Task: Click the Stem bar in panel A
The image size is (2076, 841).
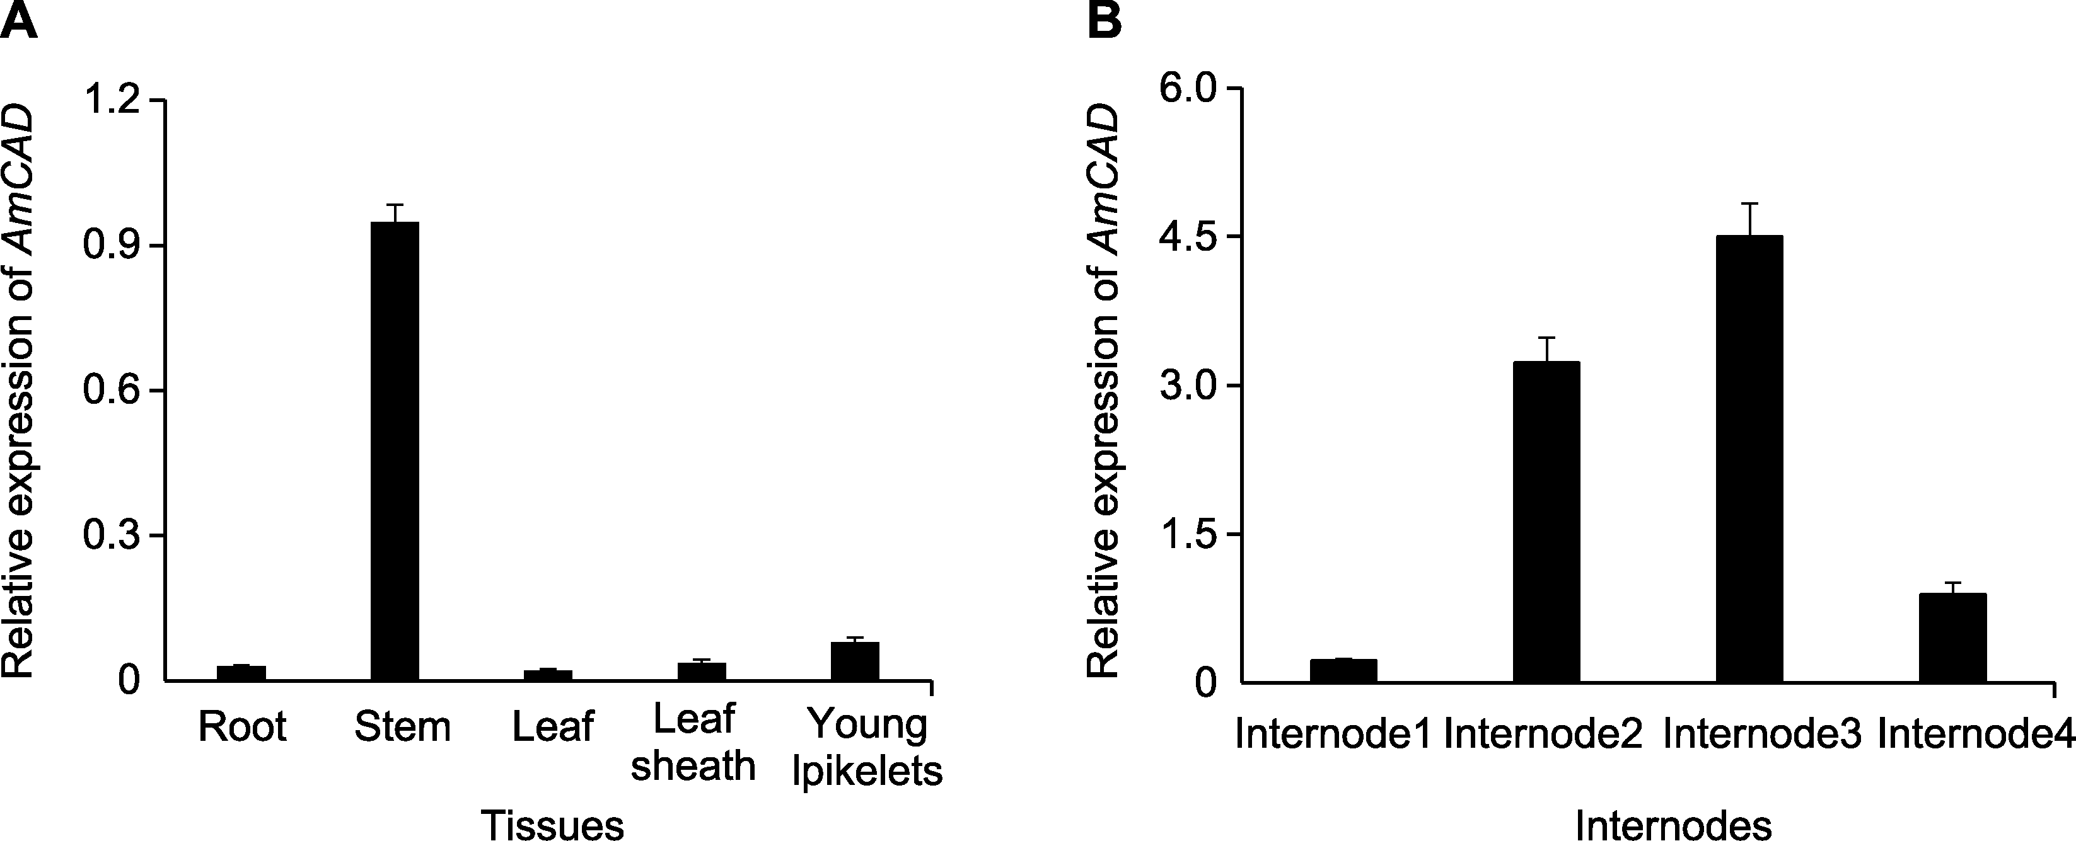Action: coord(394,451)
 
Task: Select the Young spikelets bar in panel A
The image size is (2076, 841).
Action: coord(855,661)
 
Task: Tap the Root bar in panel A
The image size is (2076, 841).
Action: coord(241,673)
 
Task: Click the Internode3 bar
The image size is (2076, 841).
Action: coord(1749,459)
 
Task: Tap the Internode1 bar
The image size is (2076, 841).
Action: coord(1343,671)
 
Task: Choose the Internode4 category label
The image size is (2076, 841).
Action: coord(1976,735)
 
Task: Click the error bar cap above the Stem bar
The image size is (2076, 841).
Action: coord(394,205)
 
